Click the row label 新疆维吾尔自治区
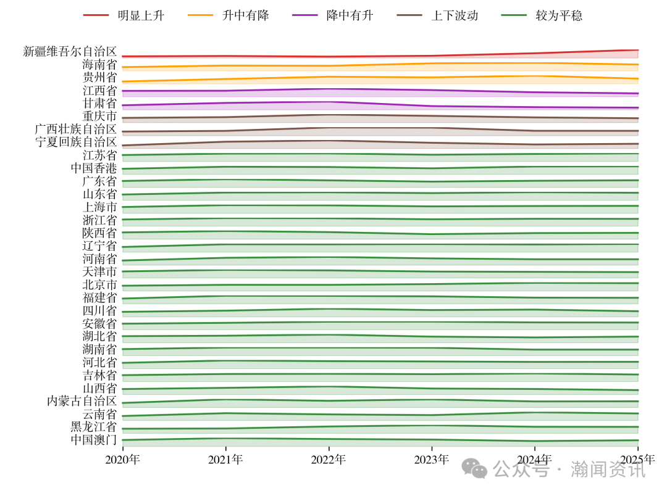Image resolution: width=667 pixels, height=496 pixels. (x=70, y=51)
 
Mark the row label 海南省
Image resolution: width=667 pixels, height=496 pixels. (x=99, y=64)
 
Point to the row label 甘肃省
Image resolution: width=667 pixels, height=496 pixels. (x=99, y=103)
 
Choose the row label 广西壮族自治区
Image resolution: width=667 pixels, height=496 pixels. (x=76, y=129)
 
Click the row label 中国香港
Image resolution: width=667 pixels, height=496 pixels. (x=94, y=168)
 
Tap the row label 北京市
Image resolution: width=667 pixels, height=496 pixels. (x=99, y=285)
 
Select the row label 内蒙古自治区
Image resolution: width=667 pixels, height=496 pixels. (x=82, y=401)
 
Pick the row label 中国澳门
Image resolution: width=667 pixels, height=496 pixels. (x=94, y=440)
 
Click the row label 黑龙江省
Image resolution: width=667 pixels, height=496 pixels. (x=94, y=427)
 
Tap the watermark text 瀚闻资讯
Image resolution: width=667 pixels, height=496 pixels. (x=608, y=470)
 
